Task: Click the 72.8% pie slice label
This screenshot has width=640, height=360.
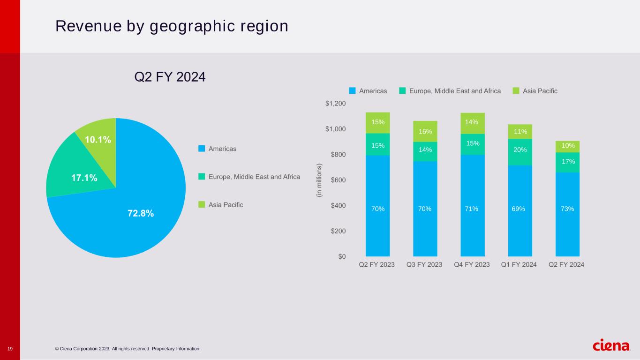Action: (141, 213)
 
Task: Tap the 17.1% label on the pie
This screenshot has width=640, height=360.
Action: (84, 178)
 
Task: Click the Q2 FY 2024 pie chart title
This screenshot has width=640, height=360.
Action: (170, 76)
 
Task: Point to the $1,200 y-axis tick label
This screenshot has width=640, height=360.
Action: (335, 104)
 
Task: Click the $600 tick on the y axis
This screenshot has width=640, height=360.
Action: (337, 180)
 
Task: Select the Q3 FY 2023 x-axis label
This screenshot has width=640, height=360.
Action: (424, 265)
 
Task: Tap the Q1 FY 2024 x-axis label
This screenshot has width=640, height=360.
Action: (519, 265)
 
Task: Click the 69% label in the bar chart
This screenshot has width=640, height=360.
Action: (520, 209)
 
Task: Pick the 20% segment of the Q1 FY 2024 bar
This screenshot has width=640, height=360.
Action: (520, 150)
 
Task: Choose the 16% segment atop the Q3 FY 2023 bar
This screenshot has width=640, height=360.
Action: (425, 132)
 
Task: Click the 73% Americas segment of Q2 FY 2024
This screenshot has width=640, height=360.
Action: (567, 209)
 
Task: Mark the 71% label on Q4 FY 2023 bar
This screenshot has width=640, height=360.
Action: (472, 209)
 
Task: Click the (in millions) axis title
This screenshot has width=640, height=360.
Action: (319, 180)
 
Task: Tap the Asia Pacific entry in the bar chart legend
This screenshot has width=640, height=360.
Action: (540, 91)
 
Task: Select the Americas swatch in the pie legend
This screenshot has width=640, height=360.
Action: (202, 149)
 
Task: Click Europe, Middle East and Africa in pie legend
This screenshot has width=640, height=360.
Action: (254, 177)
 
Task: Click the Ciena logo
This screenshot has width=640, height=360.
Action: (611, 346)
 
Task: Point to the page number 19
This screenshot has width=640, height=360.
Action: (10, 349)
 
